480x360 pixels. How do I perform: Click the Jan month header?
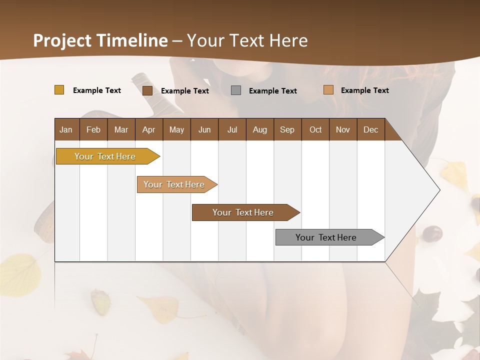[66, 129]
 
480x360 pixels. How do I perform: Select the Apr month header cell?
[148, 129]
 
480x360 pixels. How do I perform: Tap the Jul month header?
[232, 129]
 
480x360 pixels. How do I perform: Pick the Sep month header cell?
[287, 129]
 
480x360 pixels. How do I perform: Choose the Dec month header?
[370, 129]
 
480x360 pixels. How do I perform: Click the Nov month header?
[343, 129]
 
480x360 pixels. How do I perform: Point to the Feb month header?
[93, 129]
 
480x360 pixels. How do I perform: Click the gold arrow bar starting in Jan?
[105, 156]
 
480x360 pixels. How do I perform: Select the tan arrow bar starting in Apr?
[174, 184]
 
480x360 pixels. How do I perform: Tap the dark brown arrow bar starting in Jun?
[243, 212]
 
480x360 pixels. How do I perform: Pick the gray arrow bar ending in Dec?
[326, 237]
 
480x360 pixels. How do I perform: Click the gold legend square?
[59, 90]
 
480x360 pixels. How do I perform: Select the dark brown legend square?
[147, 90]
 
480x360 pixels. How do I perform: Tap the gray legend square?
[235, 90]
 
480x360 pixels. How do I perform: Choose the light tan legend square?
[328, 90]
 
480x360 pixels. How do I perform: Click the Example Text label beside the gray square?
[272, 91]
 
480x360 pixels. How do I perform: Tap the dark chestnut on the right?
[432, 233]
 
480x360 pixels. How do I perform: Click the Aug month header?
[259, 129]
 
